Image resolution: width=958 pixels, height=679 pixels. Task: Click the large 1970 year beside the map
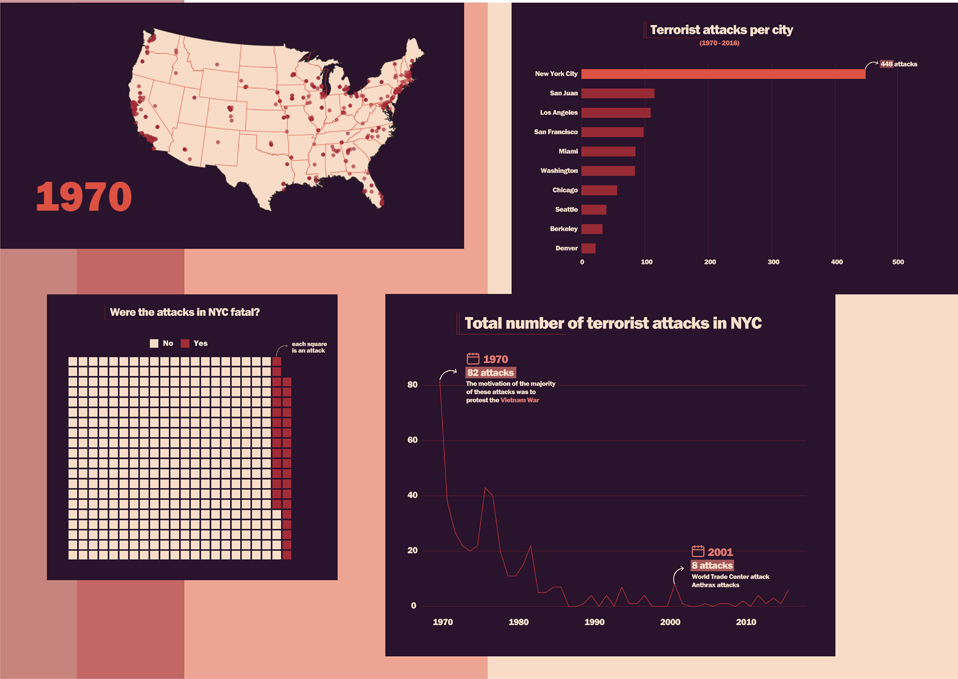84,197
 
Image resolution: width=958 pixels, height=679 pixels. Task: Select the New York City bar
723,74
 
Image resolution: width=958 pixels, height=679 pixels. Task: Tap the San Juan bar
618,93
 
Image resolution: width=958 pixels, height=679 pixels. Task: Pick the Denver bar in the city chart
588,248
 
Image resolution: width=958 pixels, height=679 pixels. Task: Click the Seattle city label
566,210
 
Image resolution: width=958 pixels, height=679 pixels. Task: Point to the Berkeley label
564,229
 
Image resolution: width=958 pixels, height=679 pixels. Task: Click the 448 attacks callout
899,64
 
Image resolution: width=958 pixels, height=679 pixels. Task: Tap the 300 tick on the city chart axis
773,262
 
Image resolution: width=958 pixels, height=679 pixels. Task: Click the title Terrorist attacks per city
721,30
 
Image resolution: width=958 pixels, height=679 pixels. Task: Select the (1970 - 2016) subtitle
719,43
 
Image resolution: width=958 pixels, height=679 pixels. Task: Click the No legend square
154,343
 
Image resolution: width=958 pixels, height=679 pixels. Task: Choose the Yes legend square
185,343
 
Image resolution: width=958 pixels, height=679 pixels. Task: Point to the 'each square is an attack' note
309,347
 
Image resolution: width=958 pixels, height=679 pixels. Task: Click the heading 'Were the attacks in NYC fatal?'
185,312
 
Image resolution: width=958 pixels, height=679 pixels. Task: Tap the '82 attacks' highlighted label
490,373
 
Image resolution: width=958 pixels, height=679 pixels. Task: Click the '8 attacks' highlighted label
712,565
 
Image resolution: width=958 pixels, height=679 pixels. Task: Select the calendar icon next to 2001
698,551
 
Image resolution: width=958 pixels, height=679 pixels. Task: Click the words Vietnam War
519,400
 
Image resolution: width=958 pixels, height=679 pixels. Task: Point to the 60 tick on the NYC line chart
413,440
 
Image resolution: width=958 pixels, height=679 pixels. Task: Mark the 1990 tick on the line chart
594,622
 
